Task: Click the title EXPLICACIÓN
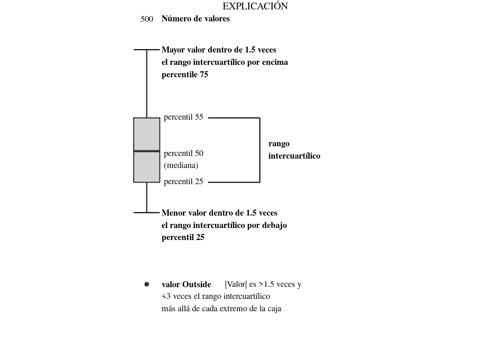coord(255,6)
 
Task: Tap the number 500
coord(147,19)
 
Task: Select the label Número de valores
coord(195,19)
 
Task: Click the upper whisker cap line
coord(147,49)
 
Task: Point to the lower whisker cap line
coord(147,213)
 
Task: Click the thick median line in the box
coord(147,151)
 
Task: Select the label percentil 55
coord(183,117)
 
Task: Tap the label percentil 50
coord(183,153)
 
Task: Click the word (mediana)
coord(181,166)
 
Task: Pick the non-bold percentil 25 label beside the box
coord(183,181)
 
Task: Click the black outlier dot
coord(147,284)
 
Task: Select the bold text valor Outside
coord(186,285)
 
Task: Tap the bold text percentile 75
coord(185,75)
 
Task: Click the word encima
coord(275,62)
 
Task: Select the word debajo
coord(274,225)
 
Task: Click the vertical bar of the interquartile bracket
coord(260,150)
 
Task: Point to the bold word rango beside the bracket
coord(279,144)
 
